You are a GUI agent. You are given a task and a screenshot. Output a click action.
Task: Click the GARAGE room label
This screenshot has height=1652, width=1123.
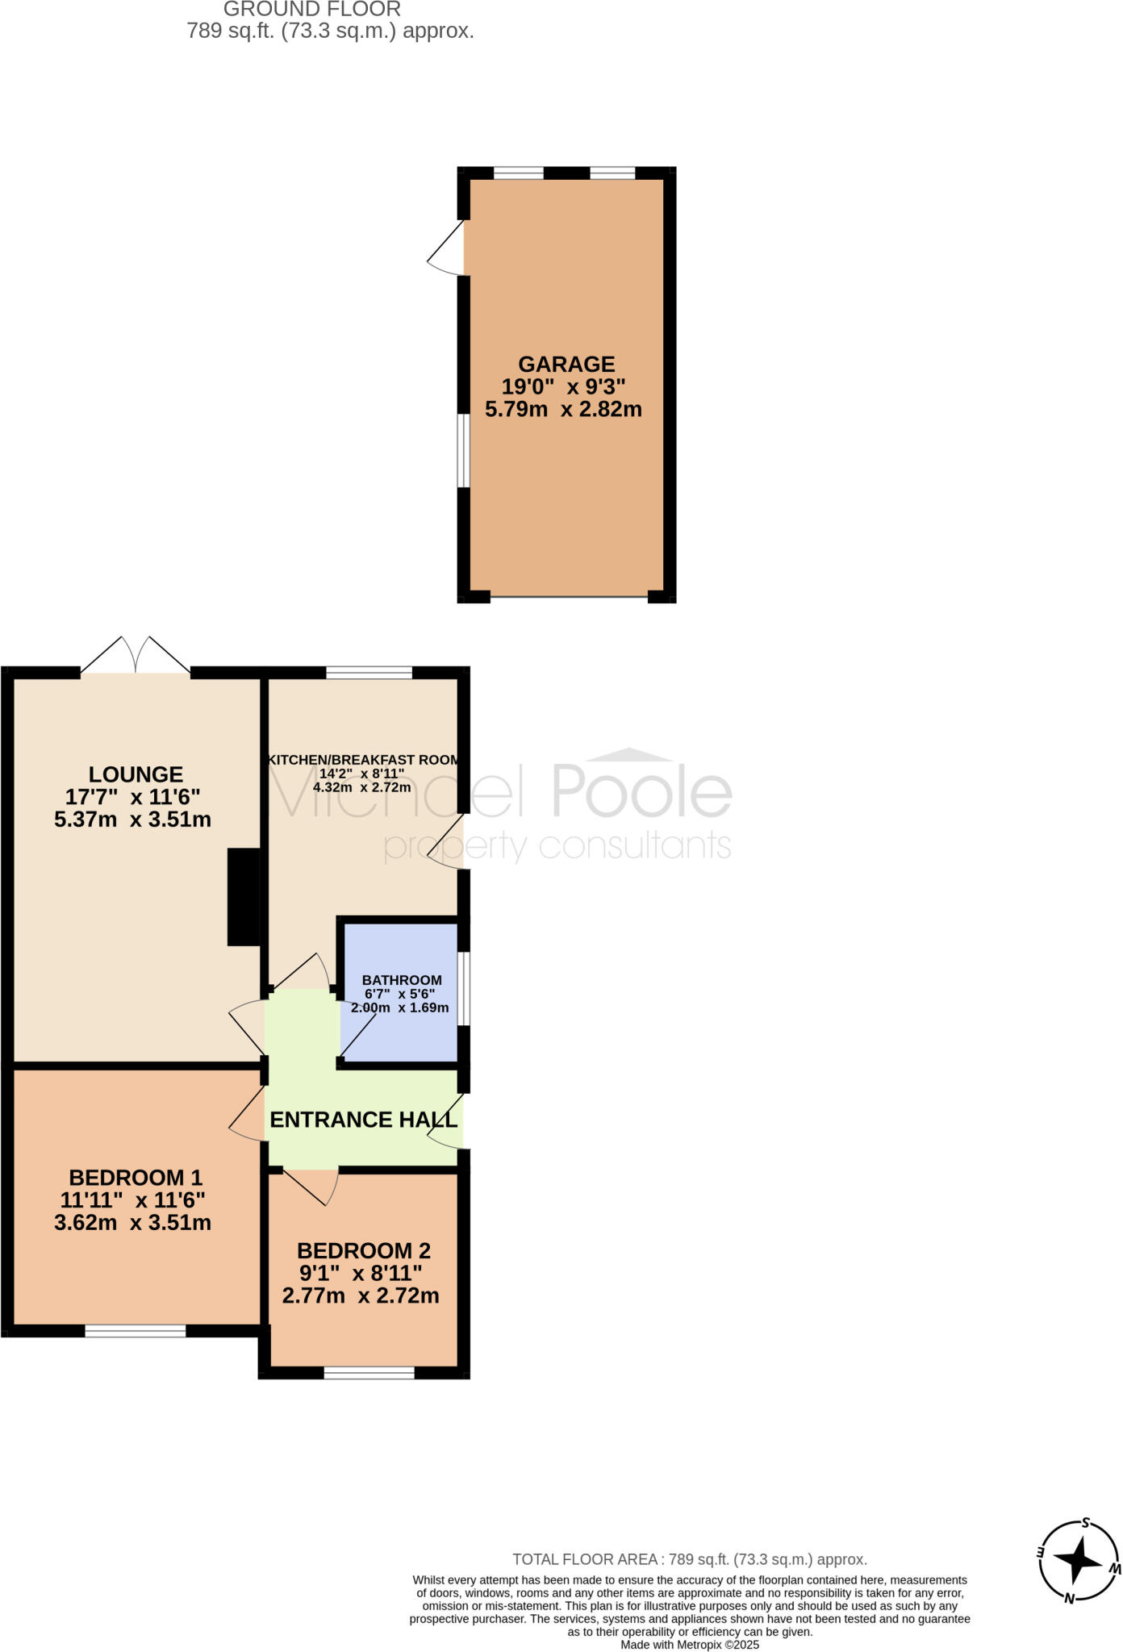566,365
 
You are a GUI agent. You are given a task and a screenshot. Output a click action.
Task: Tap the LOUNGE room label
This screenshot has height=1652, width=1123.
136,774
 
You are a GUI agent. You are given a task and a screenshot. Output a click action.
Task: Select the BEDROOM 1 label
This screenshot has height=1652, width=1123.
136,1178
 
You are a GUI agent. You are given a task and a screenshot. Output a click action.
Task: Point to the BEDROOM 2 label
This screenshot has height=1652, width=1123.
364,1251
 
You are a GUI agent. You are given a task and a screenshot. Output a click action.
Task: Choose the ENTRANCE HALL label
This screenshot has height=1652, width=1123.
363,1120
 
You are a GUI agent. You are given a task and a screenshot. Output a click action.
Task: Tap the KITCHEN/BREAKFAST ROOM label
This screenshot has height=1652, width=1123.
363,760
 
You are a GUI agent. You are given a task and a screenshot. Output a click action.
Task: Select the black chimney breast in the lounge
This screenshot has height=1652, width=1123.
244,896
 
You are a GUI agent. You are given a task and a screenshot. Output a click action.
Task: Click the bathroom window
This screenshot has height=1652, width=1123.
465,989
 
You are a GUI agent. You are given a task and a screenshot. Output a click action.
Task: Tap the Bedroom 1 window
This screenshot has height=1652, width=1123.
136,1331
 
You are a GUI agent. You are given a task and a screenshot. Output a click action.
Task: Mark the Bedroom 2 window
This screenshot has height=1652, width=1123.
369,1373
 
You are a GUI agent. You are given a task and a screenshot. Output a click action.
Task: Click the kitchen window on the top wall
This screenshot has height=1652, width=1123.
369,673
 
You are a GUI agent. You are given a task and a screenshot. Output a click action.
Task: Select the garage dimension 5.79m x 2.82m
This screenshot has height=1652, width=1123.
563,410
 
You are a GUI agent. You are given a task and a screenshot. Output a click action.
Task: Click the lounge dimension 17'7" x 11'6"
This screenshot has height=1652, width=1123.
133,797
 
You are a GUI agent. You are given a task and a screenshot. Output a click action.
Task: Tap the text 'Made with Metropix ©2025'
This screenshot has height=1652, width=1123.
690,1645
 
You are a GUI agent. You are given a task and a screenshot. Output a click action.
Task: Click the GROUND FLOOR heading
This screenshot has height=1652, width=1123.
311,10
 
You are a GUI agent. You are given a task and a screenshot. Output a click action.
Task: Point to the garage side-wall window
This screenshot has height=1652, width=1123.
464,451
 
